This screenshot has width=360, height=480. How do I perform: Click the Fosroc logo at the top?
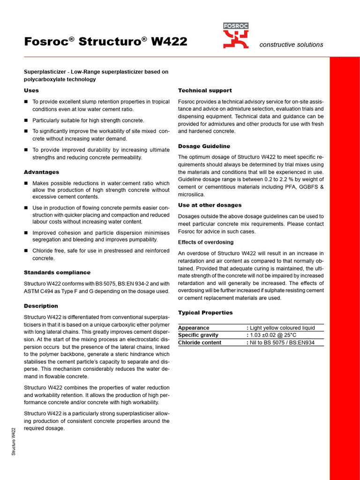236,36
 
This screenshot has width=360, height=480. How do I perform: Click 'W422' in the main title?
169,42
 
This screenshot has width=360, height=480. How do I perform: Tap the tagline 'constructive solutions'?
291,45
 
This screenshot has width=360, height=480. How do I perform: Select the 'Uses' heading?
31,90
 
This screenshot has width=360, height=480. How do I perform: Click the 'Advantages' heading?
41,172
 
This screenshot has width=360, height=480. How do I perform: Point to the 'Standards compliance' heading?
57,272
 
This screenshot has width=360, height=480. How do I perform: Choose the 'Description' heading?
41,306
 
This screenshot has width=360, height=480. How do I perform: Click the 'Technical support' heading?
205,90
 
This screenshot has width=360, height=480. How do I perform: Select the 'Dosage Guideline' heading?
204,146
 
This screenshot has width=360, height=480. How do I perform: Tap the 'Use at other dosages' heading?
210,205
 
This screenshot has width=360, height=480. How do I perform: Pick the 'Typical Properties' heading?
205,313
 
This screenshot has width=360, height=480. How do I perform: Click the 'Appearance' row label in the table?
194,328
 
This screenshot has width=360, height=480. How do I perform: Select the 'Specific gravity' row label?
198,335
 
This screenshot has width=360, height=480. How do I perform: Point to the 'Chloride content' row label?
200,343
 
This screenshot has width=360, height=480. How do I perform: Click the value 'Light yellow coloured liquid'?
283,328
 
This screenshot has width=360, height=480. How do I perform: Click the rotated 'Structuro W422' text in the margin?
14,442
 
